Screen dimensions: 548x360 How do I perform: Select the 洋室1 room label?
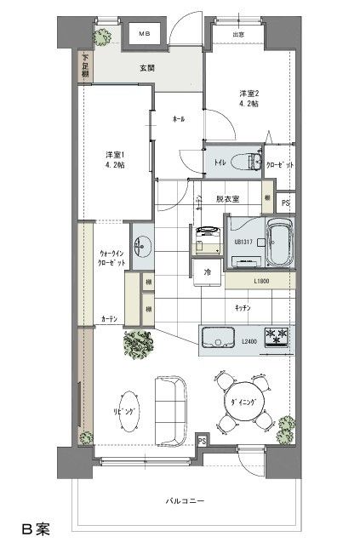click(115, 159)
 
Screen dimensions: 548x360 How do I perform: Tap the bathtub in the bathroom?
click(279, 243)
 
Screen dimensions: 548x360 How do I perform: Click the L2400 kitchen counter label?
click(249, 341)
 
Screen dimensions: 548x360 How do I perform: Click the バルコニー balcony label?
click(185, 501)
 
